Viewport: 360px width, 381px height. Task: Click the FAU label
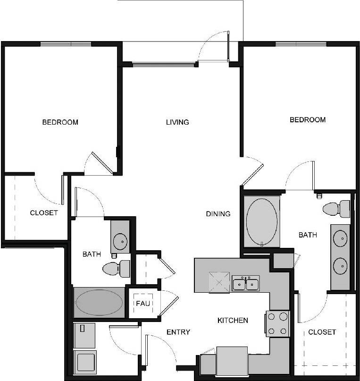coord(143,303)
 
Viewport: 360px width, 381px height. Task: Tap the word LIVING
coord(177,122)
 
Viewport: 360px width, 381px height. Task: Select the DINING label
coord(218,214)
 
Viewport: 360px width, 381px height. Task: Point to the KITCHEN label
coord(233,321)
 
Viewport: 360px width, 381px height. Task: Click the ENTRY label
coord(178,332)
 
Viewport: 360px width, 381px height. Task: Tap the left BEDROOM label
coord(60,122)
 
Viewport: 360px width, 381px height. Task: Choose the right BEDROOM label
coord(308,120)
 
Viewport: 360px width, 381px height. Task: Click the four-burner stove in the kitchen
coord(277,323)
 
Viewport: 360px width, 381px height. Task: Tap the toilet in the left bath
coord(116,269)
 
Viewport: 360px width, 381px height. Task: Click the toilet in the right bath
coord(337,209)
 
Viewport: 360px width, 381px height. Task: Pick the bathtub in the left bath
coord(99,302)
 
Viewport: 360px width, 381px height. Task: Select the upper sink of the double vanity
coord(340,239)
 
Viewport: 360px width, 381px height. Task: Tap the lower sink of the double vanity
coord(340,266)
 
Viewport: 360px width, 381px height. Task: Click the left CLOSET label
coord(44,213)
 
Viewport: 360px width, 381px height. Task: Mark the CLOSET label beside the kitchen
coord(322,332)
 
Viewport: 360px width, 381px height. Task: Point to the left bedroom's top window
coord(66,44)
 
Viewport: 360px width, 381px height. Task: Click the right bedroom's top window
coord(301,44)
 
